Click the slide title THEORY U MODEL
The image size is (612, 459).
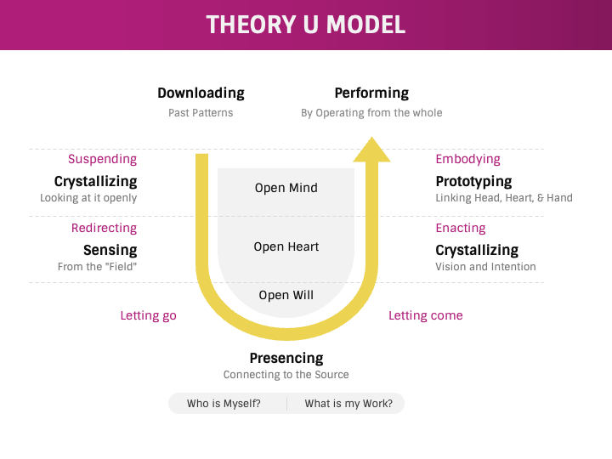tap(306, 25)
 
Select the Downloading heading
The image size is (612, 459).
tap(201, 93)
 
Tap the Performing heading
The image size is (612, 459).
tap(371, 93)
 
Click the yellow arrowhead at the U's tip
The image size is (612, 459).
tap(371, 150)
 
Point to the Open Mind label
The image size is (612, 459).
tap(286, 188)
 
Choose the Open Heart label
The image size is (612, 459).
tap(286, 247)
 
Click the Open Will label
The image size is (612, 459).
tap(286, 296)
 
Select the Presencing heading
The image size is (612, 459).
tap(286, 359)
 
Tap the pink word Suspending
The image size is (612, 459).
tap(102, 159)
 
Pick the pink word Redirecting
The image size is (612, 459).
tap(104, 228)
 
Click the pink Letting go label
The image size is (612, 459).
tap(149, 315)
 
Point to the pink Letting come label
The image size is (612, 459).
tap(426, 315)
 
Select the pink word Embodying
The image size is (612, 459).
tap(467, 159)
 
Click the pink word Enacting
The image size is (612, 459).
tap(461, 228)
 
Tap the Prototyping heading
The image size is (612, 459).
tap(473, 181)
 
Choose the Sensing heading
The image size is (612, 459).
tap(110, 250)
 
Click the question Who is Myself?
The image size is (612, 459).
tap(224, 404)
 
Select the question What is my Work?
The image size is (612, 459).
tap(348, 404)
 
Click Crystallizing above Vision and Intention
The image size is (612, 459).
tap(477, 250)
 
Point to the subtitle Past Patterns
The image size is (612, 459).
tap(201, 113)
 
